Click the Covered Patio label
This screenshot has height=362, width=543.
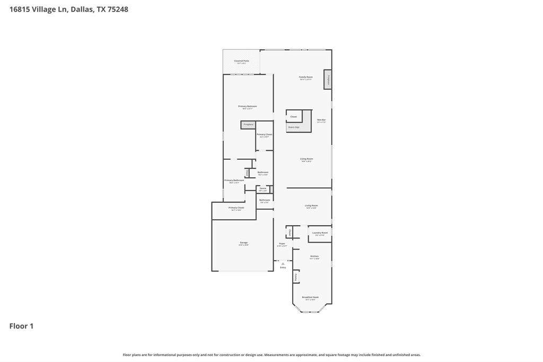241,61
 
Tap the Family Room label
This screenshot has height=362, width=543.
306,77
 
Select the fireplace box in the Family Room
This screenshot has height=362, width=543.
328,80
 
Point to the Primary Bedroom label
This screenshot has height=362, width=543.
247,106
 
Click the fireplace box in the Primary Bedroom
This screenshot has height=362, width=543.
248,125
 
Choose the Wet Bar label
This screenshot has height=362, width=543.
321,120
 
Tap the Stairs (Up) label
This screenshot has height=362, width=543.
293,127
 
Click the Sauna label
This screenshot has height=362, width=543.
262,188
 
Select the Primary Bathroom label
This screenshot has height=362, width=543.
234,180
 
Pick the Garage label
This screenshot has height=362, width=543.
243,243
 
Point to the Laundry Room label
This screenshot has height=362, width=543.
320,232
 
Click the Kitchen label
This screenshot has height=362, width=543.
314,256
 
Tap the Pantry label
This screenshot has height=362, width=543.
296,277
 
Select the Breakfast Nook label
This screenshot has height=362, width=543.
310,297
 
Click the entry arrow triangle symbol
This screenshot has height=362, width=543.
283,263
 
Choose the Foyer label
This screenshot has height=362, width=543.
282,244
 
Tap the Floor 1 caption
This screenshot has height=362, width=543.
21,326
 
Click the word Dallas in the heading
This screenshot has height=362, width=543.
82,9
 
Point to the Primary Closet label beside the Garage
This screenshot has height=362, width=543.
236,208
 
